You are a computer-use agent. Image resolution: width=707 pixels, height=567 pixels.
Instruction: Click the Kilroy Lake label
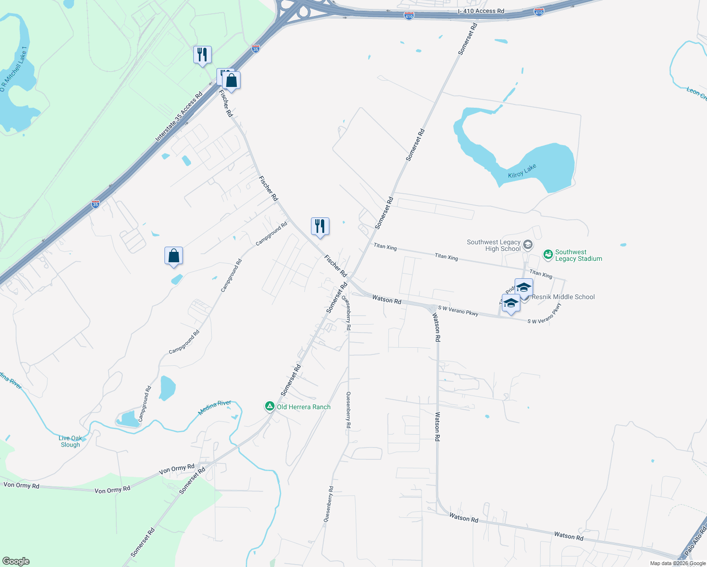coord(522,171)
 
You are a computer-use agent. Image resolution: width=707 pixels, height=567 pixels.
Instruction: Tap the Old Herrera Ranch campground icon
coord(269,406)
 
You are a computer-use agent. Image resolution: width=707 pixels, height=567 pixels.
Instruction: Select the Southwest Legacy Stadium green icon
coord(548,255)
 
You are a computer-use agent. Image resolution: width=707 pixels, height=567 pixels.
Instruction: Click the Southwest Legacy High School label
coord(493,245)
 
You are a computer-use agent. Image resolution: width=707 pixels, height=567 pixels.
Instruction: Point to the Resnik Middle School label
coord(563,297)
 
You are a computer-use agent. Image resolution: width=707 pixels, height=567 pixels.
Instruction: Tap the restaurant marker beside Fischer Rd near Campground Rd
coord(320,226)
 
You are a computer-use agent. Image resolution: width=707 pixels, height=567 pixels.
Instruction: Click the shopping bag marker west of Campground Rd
coord(173,256)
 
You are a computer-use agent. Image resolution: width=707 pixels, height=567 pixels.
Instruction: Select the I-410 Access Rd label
coord(481,11)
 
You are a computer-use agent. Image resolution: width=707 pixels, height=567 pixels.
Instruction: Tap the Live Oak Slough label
coord(70,441)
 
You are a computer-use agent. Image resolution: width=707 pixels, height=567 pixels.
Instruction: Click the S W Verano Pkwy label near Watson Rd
coord(458,310)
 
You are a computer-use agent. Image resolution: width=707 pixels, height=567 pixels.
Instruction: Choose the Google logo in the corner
coord(16,561)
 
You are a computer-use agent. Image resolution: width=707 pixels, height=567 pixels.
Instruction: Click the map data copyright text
coord(678,563)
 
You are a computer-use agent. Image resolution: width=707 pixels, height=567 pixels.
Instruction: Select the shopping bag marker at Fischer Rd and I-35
coord(231,80)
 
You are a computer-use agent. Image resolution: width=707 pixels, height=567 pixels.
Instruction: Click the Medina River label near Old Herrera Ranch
coord(215,407)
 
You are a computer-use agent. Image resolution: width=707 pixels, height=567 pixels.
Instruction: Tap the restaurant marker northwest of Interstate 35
coord(202,55)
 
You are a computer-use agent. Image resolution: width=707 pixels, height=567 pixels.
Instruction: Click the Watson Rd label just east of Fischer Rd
coord(387,299)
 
